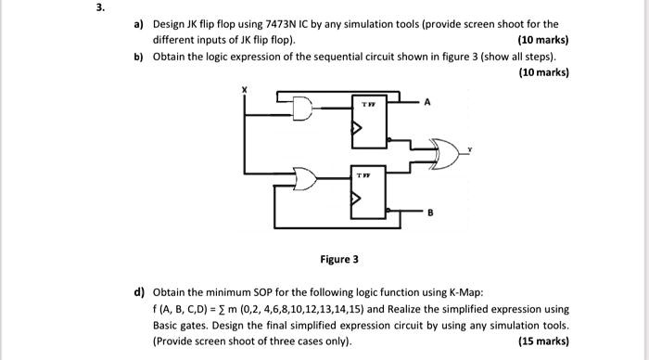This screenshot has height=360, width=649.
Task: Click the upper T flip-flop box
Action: [368, 120]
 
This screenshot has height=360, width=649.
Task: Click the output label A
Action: [427, 104]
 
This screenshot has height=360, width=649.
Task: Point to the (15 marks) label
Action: [543, 341]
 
